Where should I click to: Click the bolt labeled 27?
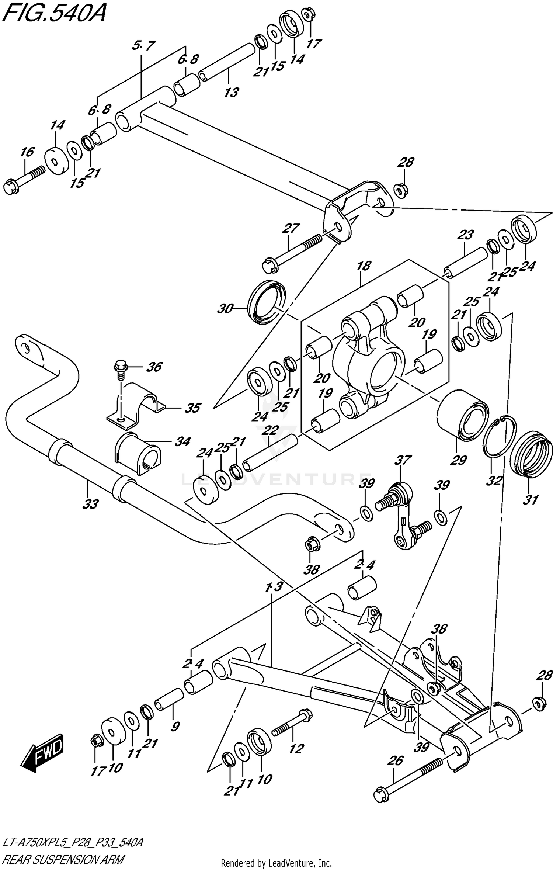pyautogui.click(x=291, y=253)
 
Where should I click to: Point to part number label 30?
pyautogui.click(x=224, y=308)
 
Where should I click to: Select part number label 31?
pyautogui.click(x=531, y=500)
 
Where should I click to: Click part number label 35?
pyautogui.click(x=192, y=408)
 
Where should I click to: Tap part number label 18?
pyautogui.click(x=364, y=266)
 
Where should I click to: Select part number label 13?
pyautogui.click(x=231, y=92)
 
